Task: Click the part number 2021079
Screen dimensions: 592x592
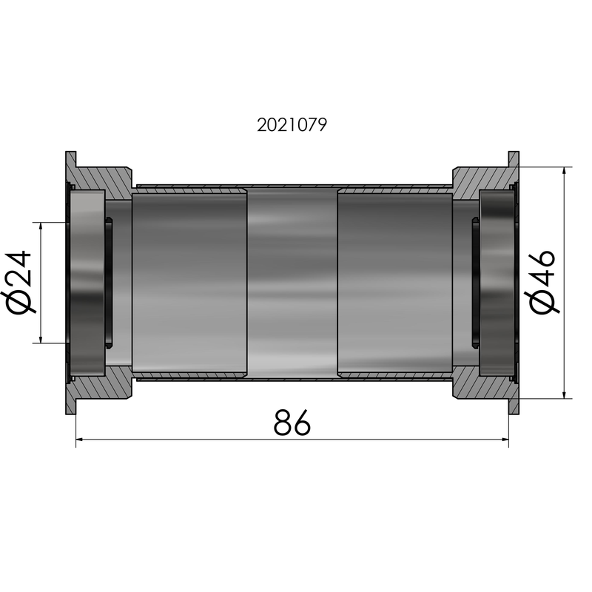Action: tap(292, 125)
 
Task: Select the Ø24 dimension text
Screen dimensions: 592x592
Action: tap(21, 282)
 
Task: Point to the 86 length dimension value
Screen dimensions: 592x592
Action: tap(292, 422)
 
